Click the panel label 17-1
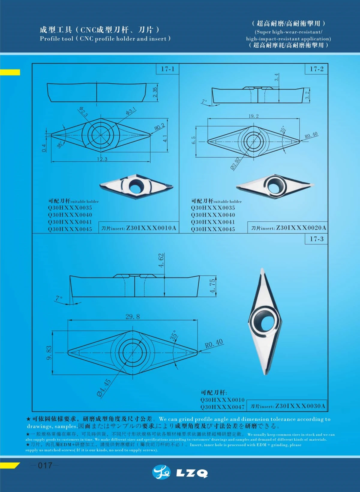[x=167, y=69]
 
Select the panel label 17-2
[x=316, y=69]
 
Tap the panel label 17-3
[x=316, y=239]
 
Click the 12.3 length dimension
[x=102, y=159]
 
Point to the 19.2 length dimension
[x=253, y=116]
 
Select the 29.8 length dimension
[x=132, y=317]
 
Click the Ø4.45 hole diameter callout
[x=104, y=388]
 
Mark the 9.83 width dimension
[x=49, y=352]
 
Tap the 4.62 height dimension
[x=161, y=260]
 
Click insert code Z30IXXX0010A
[x=151, y=228]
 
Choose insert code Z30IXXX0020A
[x=301, y=228]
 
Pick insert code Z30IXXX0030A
[x=300, y=406]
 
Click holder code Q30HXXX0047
[x=222, y=407]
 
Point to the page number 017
[x=45, y=465]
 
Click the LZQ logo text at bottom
[x=192, y=473]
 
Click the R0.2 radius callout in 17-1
[x=160, y=127]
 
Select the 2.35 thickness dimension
[x=155, y=92]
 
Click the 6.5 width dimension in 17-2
[x=193, y=140]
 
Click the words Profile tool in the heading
[x=56, y=39]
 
